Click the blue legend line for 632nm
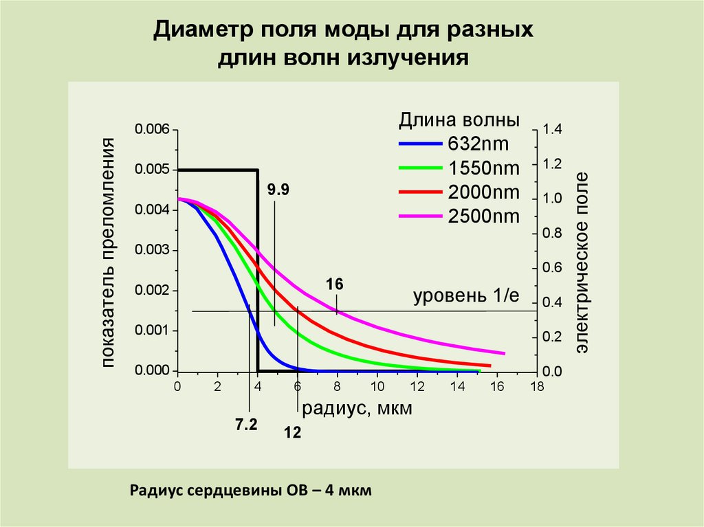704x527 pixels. click(x=420, y=144)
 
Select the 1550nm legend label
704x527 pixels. click(x=484, y=168)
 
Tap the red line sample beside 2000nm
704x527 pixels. click(x=420, y=192)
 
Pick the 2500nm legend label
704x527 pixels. click(x=484, y=216)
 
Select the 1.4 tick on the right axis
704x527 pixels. click(x=552, y=130)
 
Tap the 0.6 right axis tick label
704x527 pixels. click(x=552, y=268)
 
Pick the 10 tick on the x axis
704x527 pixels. click(x=377, y=387)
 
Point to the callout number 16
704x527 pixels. click(x=335, y=284)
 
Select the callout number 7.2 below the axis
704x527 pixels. click(x=246, y=425)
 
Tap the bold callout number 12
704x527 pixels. click(x=293, y=434)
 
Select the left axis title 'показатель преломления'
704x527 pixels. click(x=109, y=251)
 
